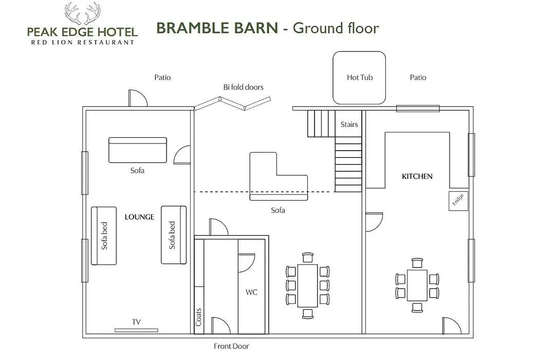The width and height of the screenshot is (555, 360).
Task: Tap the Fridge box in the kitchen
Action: click(458, 201)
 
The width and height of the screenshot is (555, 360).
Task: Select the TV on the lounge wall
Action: click(136, 330)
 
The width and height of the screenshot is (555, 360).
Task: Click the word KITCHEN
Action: click(417, 176)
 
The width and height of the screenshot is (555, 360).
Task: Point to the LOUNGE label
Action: click(139, 217)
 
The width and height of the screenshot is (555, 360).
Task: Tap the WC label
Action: click(251, 292)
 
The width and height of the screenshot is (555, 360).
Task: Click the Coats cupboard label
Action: click(198, 317)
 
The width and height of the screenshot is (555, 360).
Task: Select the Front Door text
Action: click(231, 346)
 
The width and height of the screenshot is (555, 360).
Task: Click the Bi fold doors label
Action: click(243, 87)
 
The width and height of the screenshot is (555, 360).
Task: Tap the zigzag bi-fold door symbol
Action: click(232, 103)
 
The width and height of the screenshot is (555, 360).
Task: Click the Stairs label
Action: click(349, 124)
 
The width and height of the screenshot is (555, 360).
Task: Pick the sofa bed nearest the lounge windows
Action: click(104, 236)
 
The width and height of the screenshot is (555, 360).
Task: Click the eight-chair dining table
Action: click(308, 285)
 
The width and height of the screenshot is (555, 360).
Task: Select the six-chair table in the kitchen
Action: click(417, 285)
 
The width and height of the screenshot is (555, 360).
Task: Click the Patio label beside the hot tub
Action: click(418, 77)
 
